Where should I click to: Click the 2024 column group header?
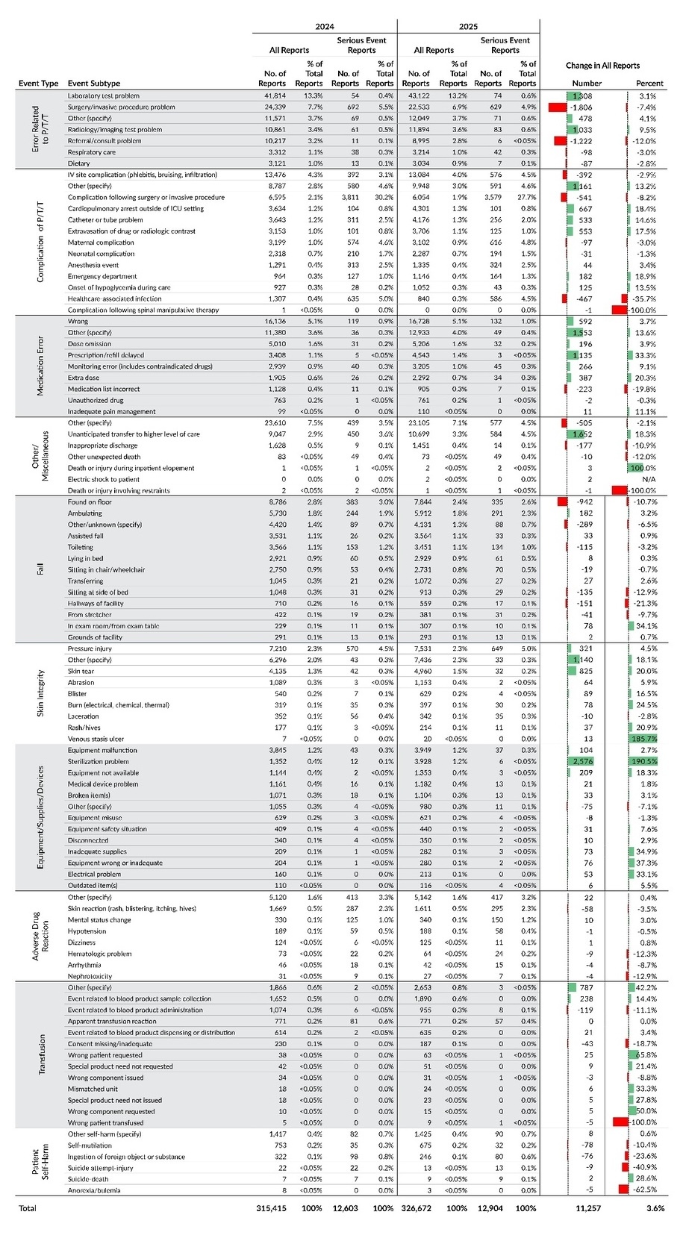click(324, 26)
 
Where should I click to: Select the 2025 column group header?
click(468, 26)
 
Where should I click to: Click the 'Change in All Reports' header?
click(602, 66)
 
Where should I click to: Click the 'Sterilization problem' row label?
click(98, 761)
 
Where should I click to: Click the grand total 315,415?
click(271, 1207)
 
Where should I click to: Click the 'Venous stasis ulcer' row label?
click(96, 739)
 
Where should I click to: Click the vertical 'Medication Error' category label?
click(40, 366)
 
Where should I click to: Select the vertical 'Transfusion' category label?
click(40, 1054)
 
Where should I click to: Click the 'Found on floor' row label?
click(90, 502)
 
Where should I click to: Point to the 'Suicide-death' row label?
click(89, 1179)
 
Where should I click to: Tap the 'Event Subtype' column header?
click(93, 84)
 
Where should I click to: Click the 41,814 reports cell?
click(274, 96)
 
